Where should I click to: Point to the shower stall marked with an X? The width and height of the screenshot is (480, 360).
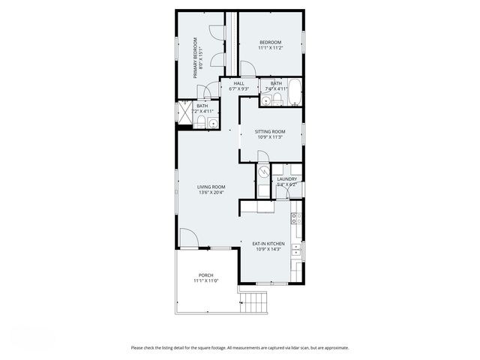coord(183,112)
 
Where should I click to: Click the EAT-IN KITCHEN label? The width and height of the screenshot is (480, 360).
coord(269,245)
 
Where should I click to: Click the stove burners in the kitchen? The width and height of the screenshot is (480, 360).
coord(297,219)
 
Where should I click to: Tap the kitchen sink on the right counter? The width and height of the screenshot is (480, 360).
coord(298,250)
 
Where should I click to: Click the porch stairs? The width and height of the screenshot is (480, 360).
coord(255,302)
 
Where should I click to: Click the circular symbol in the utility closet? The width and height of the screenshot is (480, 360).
coord(263,172)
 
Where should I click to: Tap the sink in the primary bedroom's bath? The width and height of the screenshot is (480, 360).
coord(212,124)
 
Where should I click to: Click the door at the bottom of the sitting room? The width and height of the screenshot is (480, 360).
coord(262,156)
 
